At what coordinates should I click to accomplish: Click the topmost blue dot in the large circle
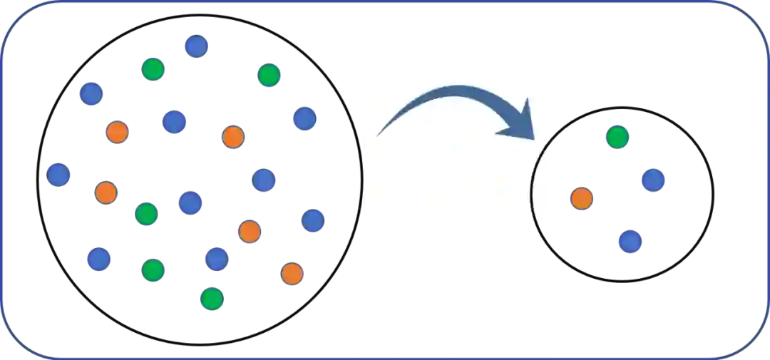point(195,47)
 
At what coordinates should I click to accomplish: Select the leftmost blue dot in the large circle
point(59,174)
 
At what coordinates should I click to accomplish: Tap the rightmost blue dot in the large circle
point(313,220)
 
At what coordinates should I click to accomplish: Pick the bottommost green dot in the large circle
point(211,299)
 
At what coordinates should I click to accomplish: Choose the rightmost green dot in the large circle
point(269,74)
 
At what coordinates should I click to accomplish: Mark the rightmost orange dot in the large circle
point(292,273)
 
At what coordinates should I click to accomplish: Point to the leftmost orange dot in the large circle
point(106,192)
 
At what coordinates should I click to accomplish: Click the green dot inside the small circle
point(617,138)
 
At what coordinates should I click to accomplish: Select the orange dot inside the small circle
point(582,198)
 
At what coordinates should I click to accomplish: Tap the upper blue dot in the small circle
point(652,180)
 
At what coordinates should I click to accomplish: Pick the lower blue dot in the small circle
point(630,242)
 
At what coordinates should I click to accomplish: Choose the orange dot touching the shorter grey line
point(233,137)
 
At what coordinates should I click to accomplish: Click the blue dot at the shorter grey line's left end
point(174,121)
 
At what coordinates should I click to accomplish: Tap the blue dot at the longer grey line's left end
point(190,202)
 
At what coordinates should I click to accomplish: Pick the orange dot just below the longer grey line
point(250,231)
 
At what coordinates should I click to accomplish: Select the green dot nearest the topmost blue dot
point(153,69)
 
